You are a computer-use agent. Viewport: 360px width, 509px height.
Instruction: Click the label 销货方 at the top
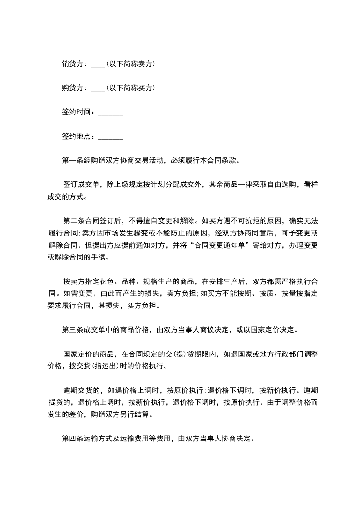(x=72, y=64)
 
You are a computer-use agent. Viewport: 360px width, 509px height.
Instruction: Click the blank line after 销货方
(x=98, y=65)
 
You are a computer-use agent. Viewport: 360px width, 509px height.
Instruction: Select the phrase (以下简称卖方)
(x=131, y=64)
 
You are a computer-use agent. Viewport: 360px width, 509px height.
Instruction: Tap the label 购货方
(x=72, y=88)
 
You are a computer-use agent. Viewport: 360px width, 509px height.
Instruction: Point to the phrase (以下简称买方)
(x=131, y=88)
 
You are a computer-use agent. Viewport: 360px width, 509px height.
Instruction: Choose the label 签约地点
(x=76, y=136)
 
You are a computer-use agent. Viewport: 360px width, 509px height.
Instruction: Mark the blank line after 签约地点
(x=111, y=137)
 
